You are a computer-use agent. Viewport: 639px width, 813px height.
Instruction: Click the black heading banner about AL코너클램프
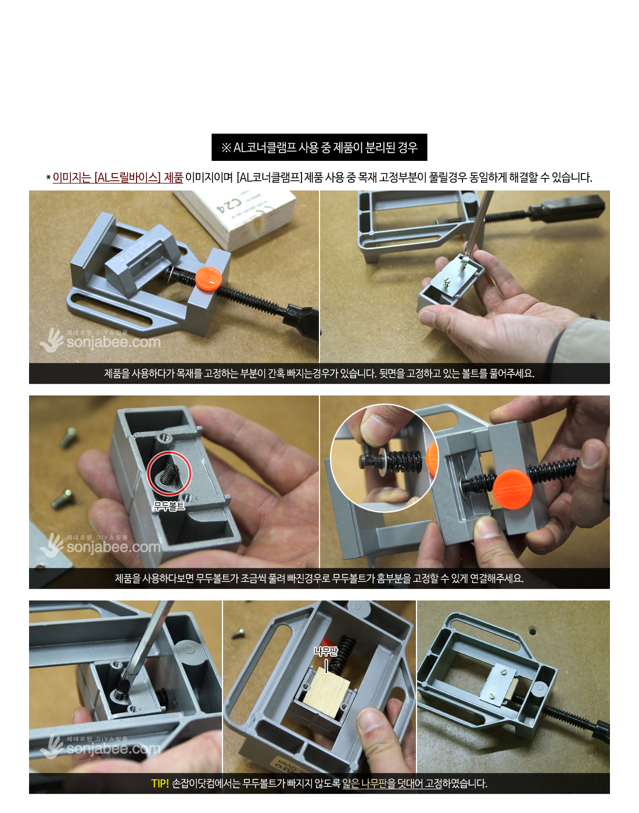pyautogui.click(x=319, y=147)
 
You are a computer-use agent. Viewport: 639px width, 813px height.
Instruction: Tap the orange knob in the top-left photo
pyautogui.click(x=209, y=278)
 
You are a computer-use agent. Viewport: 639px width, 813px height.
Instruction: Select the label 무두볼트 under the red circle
pyautogui.click(x=169, y=506)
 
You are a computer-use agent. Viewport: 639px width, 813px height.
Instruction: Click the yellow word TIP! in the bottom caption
pyautogui.click(x=160, y=783)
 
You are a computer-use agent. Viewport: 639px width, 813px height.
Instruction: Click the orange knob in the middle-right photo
pyautogui.click(x=512, y=490)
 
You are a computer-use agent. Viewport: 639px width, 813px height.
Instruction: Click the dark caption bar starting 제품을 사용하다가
pyautogui.click(x=319, y=373)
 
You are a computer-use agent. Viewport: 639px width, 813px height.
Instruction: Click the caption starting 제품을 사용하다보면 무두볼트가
pyautogui.click(x=319, y=578)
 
